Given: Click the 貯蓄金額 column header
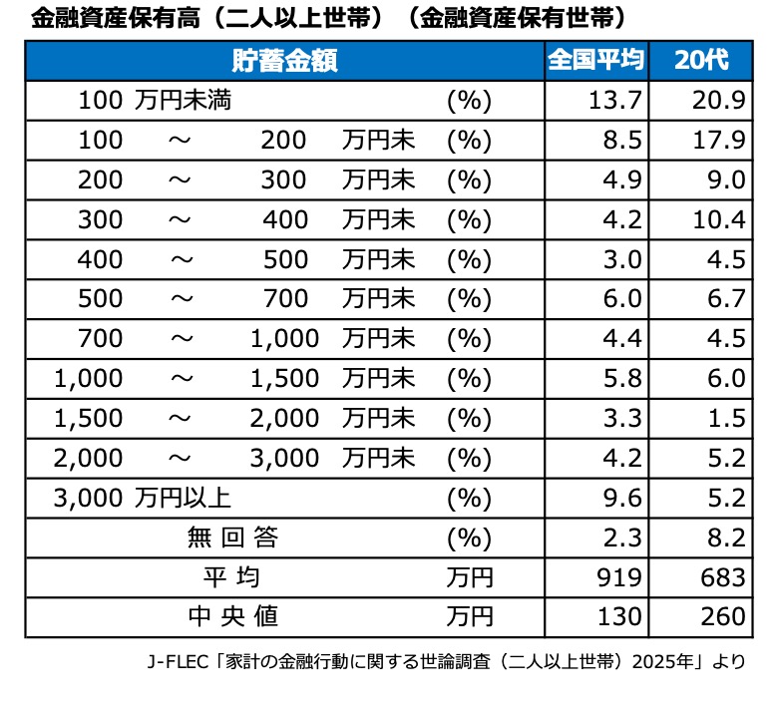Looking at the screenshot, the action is [285, 61].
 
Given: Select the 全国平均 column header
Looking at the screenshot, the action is [596, 60].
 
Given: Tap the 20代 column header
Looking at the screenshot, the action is [701, 60].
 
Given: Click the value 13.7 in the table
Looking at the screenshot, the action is [615, 101].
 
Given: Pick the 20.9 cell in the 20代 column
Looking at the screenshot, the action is [719, 101].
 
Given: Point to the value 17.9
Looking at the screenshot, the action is [719, 140].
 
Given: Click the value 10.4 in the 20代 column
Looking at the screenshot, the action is [719, 219].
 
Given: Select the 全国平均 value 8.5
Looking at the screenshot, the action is [622, 140].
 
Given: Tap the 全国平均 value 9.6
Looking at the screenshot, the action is [622, 498].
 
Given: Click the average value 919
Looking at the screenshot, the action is [619, 577].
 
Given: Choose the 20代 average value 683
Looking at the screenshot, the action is [723, 577].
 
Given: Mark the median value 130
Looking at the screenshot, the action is [619, 616].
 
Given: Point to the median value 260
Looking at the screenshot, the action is [723, 616].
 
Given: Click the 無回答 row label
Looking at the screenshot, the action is [232, 538].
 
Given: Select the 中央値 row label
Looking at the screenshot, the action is [232, 616].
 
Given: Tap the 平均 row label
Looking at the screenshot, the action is [231, 577].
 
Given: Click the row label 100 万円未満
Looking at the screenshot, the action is [155, 101].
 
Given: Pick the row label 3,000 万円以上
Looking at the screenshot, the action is [143, 498].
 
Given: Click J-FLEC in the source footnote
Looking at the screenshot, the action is [178, 661].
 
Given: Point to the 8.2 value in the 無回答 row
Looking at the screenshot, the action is [726, 538].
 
